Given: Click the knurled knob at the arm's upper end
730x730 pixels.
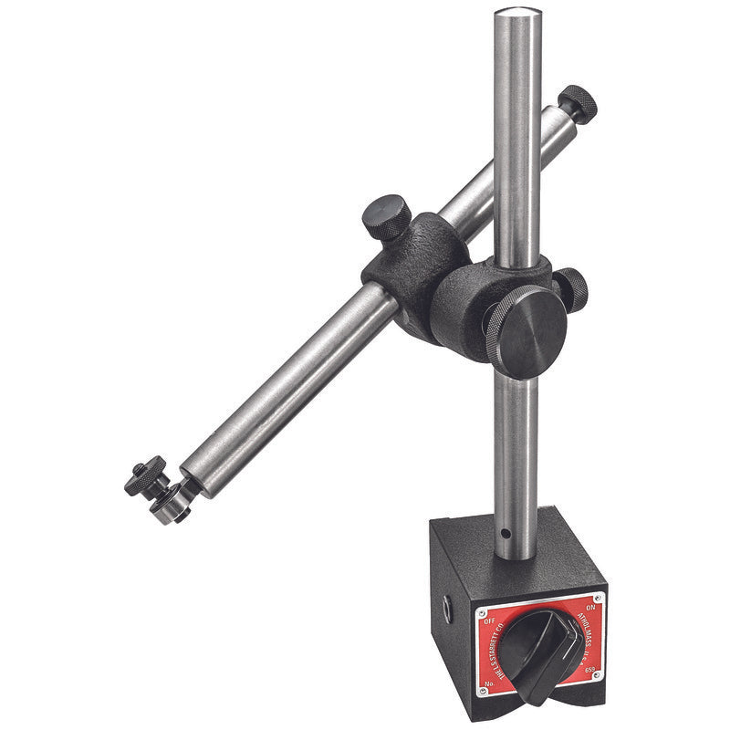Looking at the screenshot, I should (579, 102).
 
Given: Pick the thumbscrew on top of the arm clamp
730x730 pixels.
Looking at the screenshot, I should (386, 216).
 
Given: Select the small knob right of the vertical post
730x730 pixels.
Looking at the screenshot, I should (573, 287).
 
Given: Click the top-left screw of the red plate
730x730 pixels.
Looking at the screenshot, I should (480, 607).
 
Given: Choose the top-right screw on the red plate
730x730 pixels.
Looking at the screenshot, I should (600, 597).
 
